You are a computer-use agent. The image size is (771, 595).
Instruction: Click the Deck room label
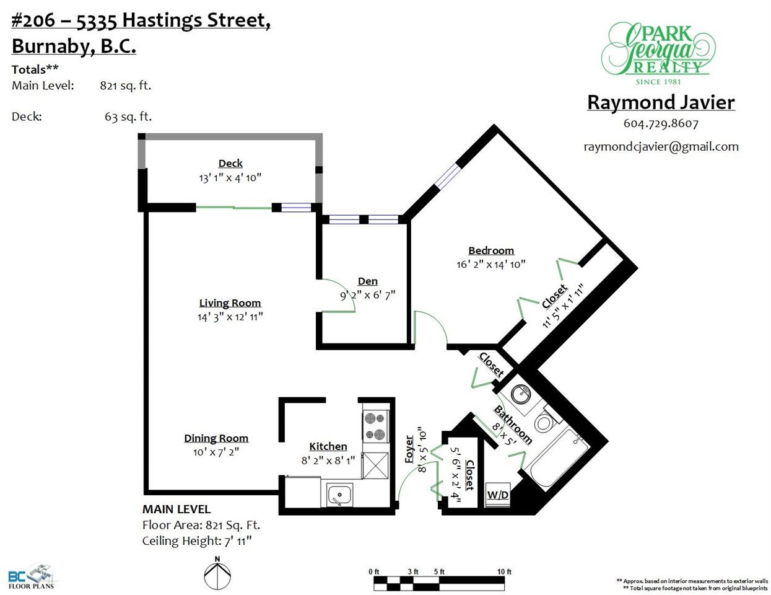coord(230,163)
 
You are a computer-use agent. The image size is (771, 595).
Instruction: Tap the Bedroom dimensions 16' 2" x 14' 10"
coord(490,265)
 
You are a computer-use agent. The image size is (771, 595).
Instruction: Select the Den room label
coord(368,281)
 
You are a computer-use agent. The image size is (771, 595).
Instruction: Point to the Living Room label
coord(230,303)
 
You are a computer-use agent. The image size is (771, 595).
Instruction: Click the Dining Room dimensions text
coord(216,452)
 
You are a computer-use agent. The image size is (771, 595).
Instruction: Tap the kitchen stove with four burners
coord(376,426)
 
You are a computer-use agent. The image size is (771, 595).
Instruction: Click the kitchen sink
coord(339,495)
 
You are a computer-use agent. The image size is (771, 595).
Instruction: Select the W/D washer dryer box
coord(498,495)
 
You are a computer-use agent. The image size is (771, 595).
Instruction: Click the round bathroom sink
coord(521,394)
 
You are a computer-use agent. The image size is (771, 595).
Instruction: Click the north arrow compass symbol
coord(217,573)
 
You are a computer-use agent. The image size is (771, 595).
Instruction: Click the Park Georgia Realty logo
coord(658,53)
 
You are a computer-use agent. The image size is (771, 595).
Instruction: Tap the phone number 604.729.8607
coord(661,123)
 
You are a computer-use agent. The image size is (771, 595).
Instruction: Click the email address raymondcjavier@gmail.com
coord(661,146)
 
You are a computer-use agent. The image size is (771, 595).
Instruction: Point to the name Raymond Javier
coord(661,102)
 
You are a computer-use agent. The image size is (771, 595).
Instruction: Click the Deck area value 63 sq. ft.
coord(128,117)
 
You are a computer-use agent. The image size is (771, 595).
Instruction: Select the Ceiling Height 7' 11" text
coord(197,540)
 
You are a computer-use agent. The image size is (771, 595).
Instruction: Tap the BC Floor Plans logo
coord(32,577)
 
